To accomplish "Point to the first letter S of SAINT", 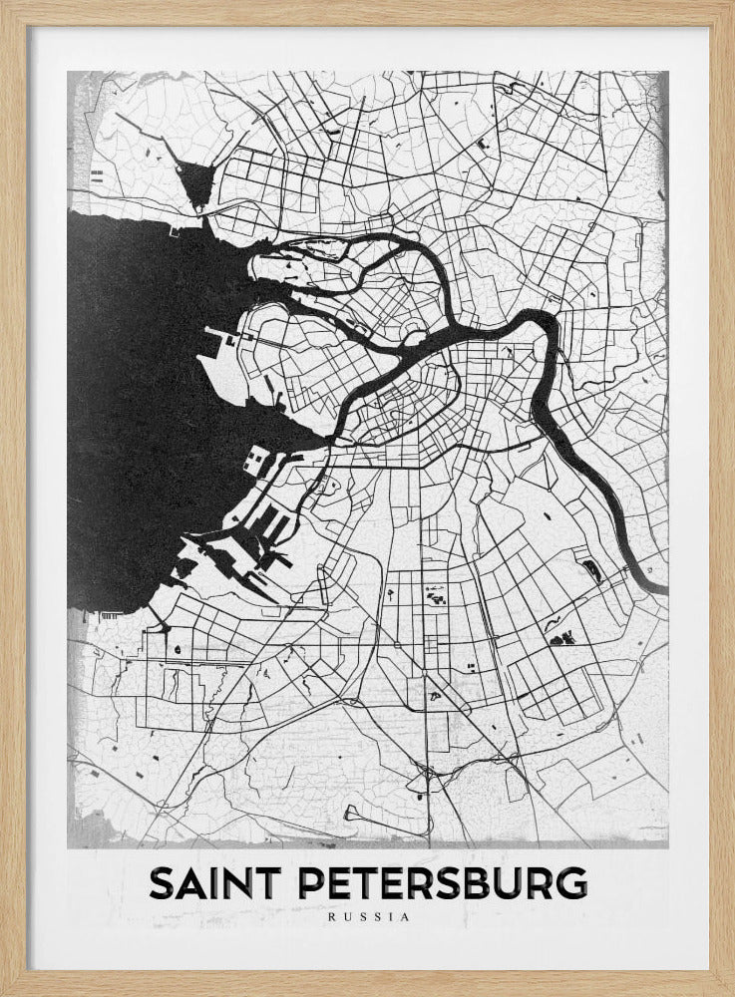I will (161, 883).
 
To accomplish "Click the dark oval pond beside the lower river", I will (592, 570).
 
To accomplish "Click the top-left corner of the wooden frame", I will (4, 4).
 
